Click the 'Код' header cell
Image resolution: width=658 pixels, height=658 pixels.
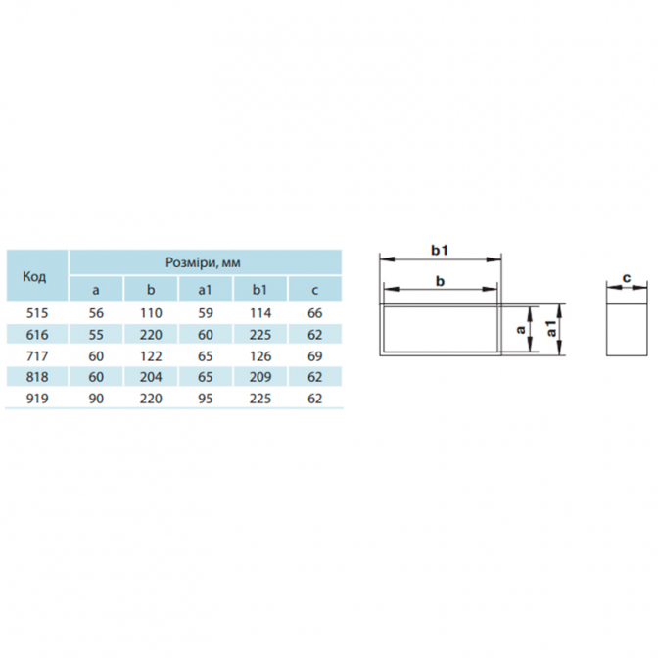(34, 277)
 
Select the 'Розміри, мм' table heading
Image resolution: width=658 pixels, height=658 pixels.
(203, 262)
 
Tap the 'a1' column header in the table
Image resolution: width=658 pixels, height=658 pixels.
(206, 290)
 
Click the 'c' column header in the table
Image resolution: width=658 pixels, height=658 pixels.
(314, 290)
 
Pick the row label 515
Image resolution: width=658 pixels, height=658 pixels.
(37, 313)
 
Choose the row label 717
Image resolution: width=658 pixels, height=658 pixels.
(37, 356)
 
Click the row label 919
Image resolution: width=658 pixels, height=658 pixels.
(37, 399)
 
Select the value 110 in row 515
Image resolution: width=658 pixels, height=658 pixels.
(151, 313)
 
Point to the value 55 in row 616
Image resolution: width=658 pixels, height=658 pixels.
(96, 335)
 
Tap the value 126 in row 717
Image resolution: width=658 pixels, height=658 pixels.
(260, 356)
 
